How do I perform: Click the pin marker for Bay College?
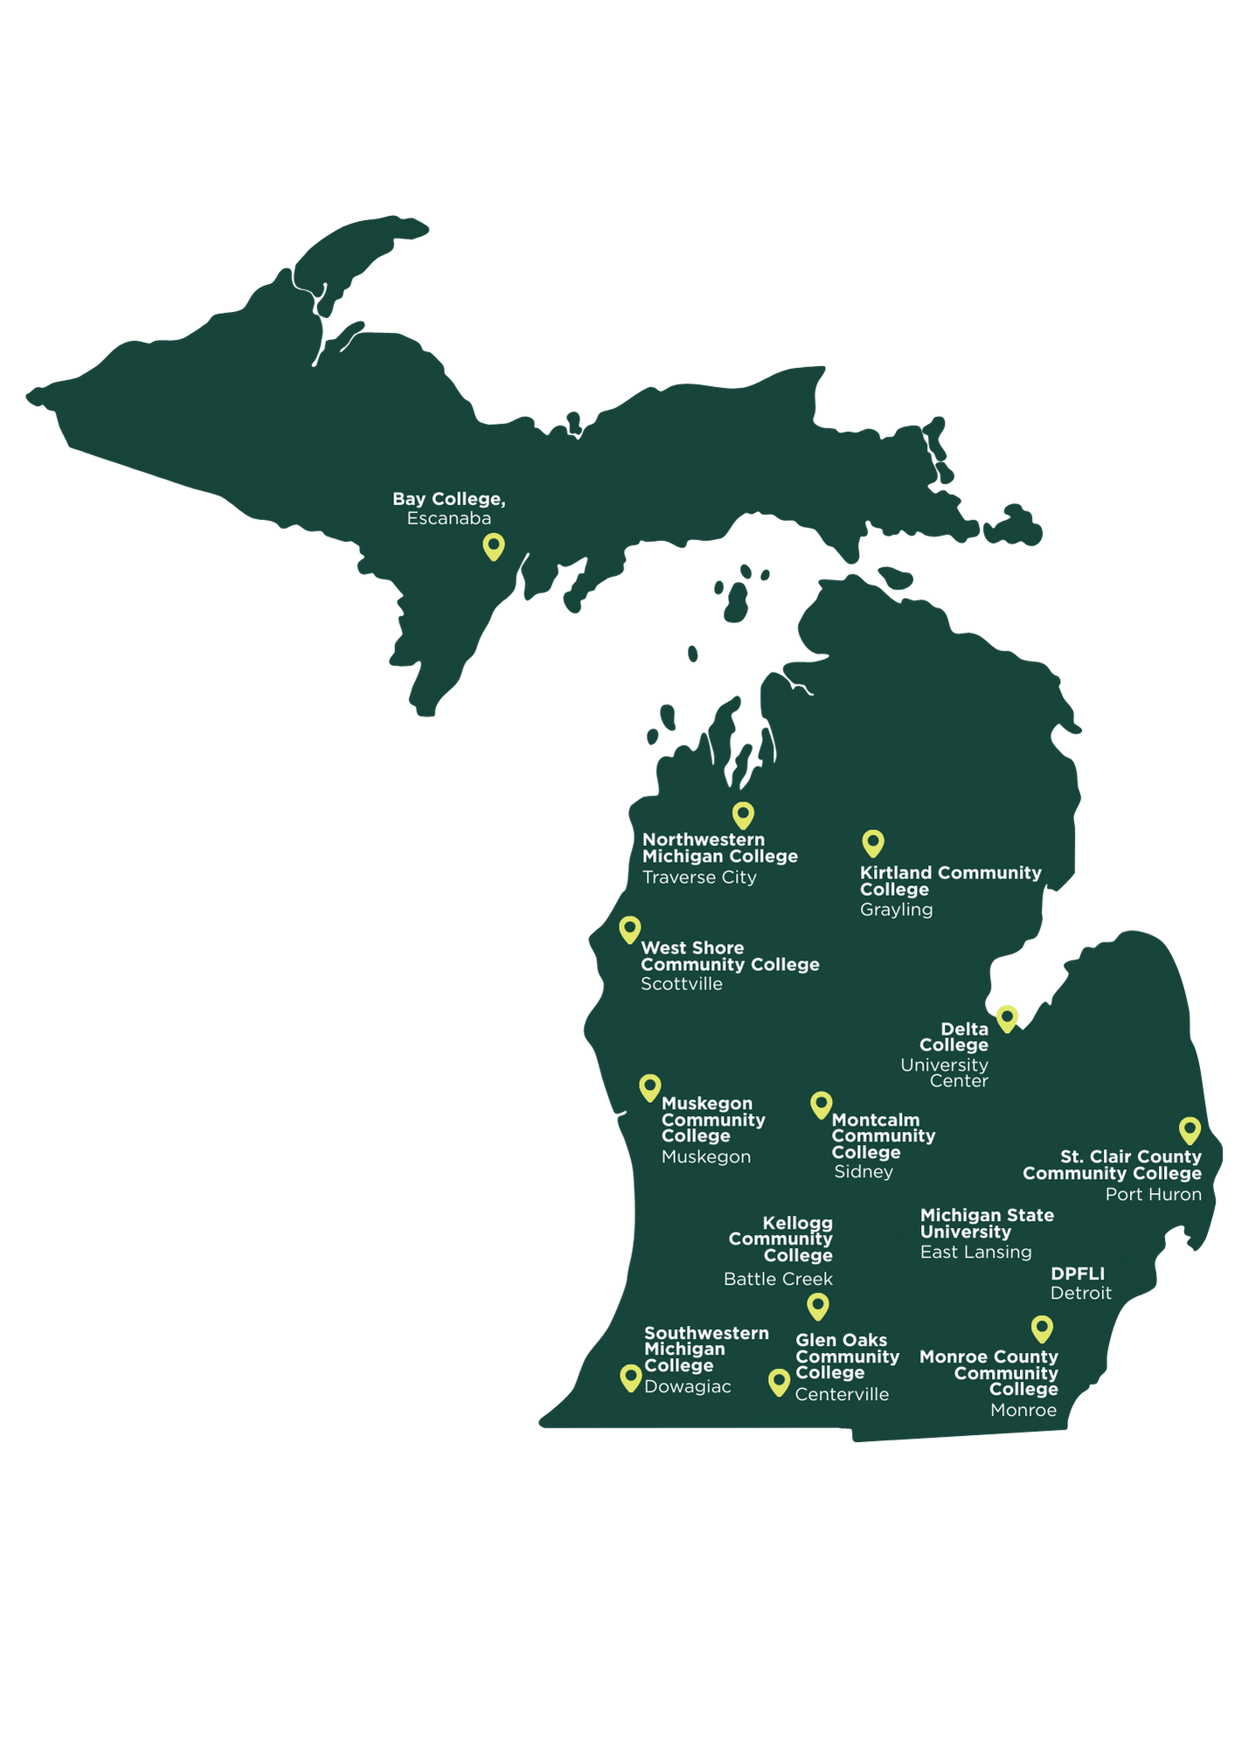pyautogui.click(x=494, y=546)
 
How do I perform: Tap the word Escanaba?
pyautogui.click(x=448, y=519)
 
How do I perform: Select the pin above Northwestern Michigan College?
pyautogui.click(x=743, y=815)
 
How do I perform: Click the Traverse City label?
pyautogui.click(x=699, y=877)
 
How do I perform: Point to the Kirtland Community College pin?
pyautogui.click(x=873, y=843)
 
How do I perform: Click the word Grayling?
pyautogui.click(x=896, y=910)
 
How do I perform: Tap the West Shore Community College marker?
pyautogui.click(x=629, y=929)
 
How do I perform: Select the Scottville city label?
pyautogui.click(x=681, y=984)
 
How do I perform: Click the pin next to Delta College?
pyautogui.click(x=1008, y=1017)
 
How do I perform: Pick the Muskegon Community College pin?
pyautogui.click(x=649, y=1087)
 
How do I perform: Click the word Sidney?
pyautogui.click(x=863, y=1172)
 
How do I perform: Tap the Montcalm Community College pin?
pyautogui.click(x=821, y=1104)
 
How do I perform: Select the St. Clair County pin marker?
pyautogui.click(x=1189, y=1129)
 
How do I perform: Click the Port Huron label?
pyautogui.click(x=1153, y=1195)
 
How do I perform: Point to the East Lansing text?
pyautogui.click(x=975, y=1252)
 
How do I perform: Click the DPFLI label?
pyautogui.click(x=1077, y=1273)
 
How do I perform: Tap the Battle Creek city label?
pyautogui.click(x=778, y=1280)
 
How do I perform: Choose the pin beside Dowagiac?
pyautogui.click(x=630, y=1377)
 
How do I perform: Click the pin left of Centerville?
pyautogui.click(x=779, y=1382)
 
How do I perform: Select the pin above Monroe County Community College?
pyautogui.click(x=1041, y=1328)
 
